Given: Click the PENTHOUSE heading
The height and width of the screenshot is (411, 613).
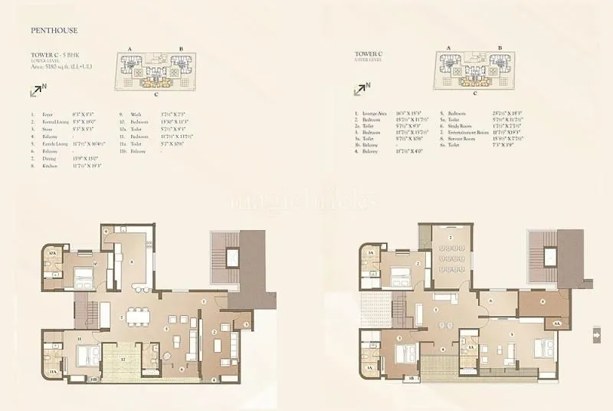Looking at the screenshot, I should (x=55, y=31).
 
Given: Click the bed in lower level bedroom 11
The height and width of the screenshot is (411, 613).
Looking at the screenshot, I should (x=86, y=355).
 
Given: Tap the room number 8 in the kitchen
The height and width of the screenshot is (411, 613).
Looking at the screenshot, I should (x=133, y=261).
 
